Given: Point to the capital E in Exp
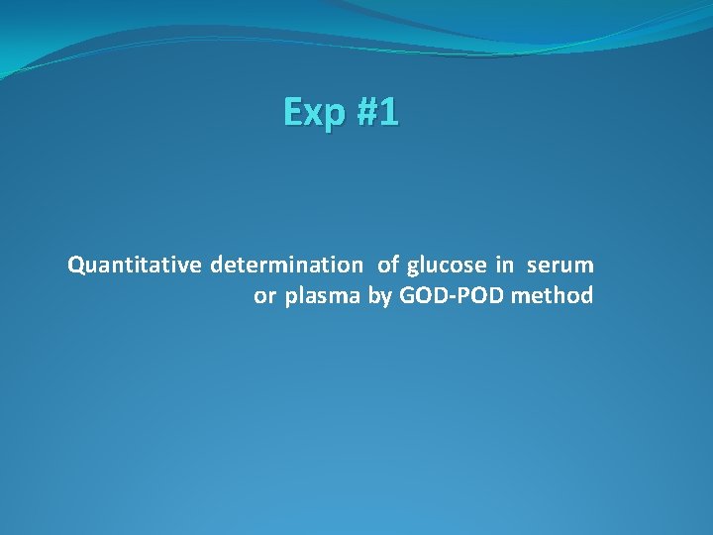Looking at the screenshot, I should (x=293, y=112).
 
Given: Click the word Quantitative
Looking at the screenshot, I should (x=135, y=266).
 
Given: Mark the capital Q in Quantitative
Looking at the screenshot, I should (x=75, y=265).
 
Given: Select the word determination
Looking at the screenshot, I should (x=286, y=266).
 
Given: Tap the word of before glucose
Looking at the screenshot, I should (x=388, y=266).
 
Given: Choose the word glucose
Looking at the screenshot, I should (x=447, y=266).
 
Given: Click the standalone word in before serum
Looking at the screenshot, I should (x=505, y=266).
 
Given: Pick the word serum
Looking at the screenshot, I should (x=560, y=266).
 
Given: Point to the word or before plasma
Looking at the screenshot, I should (x=264, y=296).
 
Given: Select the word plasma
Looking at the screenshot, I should (x=324, y=296).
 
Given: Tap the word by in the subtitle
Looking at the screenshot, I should (x=380, y=296).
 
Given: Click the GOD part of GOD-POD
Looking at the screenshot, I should (x=419, y=296).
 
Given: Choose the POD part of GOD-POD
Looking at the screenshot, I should (x=479, y=296).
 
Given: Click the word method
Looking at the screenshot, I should (x=552, y=296).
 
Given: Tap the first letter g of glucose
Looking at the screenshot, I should (x=413, y=267).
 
